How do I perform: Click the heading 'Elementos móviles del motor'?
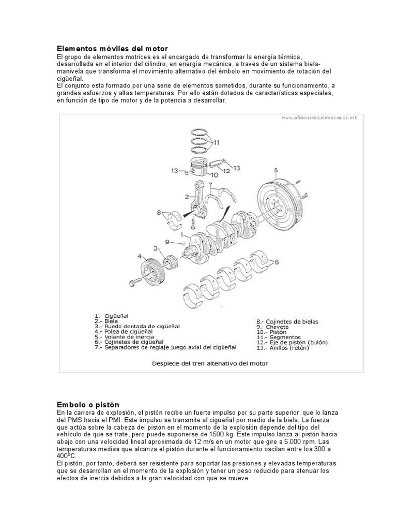pos(112,48)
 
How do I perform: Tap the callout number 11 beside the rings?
pos(216,142)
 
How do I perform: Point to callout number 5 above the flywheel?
pos(276,170)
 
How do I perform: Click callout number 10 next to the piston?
pos(214,175)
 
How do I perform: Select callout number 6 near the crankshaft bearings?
pos(277,262)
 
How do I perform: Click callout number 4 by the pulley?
pos(139,256)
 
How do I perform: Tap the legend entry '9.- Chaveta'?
pos(272,327)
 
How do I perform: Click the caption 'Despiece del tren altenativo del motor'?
pos(210,363)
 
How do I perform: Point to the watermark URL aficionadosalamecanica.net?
pos(319,118)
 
